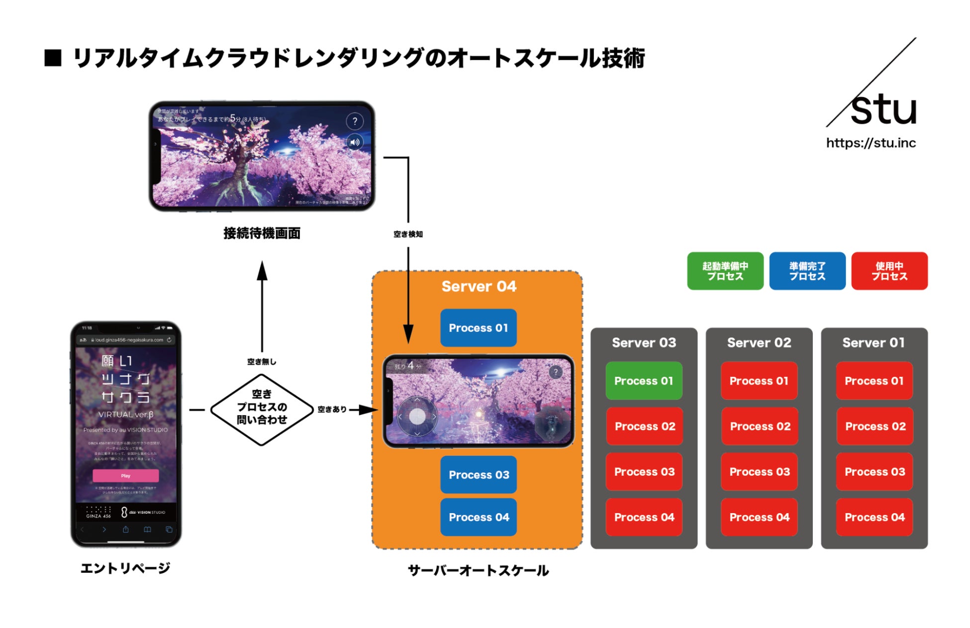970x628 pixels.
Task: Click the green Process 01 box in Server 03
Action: point(644,381)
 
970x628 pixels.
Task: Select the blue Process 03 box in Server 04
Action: point(479,475)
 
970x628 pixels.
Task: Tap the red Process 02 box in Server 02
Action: point(760,426)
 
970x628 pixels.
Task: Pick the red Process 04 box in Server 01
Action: point(874,517)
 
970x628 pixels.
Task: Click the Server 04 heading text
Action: point(479,286)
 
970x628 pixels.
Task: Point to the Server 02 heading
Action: point(759,343)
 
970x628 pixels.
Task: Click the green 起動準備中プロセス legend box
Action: point(725,271)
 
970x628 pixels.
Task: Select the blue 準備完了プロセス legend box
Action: point(807,271)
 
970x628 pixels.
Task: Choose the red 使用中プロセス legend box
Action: point(889,271)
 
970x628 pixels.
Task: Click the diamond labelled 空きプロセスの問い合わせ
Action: point(262,409)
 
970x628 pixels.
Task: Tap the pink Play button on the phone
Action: point(126,476)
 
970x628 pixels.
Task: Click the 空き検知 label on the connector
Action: point(408,234)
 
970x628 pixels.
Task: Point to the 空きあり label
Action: point(332,409)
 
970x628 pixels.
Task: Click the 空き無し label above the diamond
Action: point(262,362)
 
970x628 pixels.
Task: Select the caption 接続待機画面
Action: point(262,233)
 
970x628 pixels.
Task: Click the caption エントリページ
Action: point(125,568)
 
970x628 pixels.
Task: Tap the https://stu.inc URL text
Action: point(871,143)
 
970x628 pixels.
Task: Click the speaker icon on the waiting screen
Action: point(354,143)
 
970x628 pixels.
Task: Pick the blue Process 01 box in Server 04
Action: point(479,328)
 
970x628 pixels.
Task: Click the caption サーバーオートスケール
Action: point(478,570)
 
